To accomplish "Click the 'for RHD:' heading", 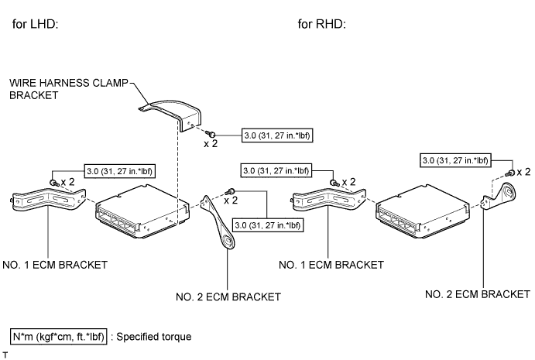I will [321, 24].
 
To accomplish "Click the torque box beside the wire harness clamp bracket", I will [278, 133].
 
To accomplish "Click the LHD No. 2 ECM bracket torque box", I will [268, 225].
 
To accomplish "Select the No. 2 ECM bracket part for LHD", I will [219, 221].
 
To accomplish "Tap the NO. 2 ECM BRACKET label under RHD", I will [478, 294].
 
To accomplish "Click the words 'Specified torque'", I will [153, 337].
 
